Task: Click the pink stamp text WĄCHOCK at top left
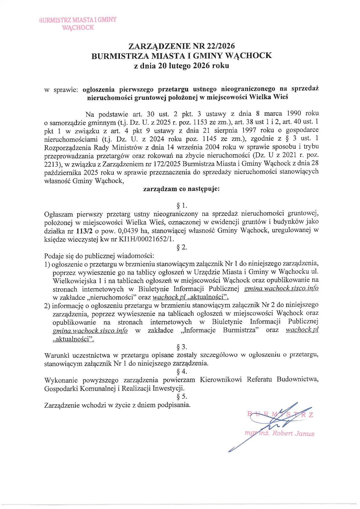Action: (x=78, y=28)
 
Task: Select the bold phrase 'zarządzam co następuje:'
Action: (x=181, y=189)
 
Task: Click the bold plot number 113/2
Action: (x=84, y=231)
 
